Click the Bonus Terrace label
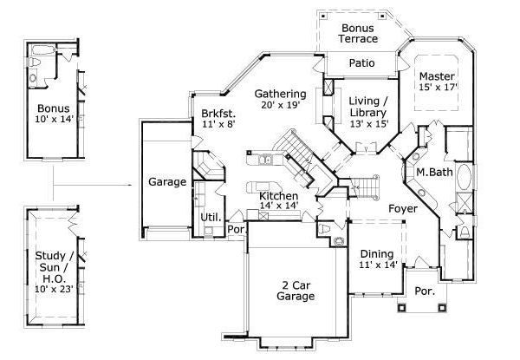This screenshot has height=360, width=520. coord(358,33)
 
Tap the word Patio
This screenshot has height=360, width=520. coord(361,62)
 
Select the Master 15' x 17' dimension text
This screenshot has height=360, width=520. coord(438,88)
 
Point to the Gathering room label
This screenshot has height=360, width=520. coord(280,95)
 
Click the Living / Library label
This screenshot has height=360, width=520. coord(368,107)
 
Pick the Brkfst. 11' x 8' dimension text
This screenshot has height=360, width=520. coord(218,124)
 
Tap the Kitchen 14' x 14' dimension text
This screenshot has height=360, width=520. coord(279,206)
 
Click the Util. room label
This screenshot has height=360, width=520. coord(211,218)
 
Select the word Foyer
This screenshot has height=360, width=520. coord(403,209)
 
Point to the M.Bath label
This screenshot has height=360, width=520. coord(434,172)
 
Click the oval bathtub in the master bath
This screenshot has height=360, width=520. coord(464,177)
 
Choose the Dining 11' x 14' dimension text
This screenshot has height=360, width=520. coord(378,265)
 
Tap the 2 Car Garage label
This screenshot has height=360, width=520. coord(296,291)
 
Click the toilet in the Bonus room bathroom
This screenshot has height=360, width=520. coord(35,62)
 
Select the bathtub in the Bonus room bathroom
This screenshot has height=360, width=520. coord(44,50)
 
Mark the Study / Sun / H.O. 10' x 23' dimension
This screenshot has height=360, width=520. coord(54,289)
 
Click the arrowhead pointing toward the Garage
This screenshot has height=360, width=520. coord(131,185)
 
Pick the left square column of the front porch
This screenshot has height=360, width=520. coord(401,308)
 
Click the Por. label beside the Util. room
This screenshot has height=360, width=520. coord(236,229)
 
